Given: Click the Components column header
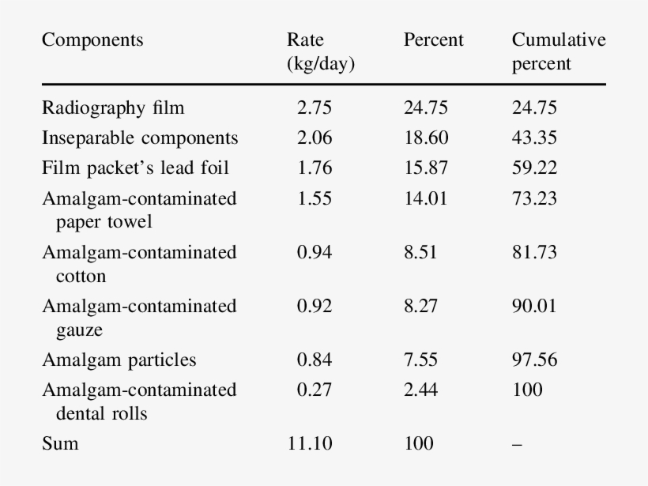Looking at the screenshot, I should (x=92, y=40).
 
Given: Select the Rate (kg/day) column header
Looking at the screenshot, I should (x=320, y=52).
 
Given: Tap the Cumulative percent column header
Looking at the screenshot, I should (x=558, y=52).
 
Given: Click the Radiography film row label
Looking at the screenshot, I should (x=113, y=108).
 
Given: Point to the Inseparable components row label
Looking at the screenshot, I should (x=140, y=138).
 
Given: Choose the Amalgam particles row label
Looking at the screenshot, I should (x=119, y=360).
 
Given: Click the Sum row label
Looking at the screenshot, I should (x=60, y=443).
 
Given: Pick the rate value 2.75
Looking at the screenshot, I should (x=315, y=108).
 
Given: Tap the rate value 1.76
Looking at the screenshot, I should (x=315, y=168).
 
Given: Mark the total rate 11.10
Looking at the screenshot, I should (x=310, y=443).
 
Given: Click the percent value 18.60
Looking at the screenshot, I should (x=426, y=138).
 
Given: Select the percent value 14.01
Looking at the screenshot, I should (x=425, y=198).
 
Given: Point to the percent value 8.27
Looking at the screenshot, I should (x=420, y=306).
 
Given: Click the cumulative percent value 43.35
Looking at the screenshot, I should (x=534, y=138).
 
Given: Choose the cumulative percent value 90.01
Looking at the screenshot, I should (x=534, y=306).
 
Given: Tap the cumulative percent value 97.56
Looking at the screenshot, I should (x=534, y=360).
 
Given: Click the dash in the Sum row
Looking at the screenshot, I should (x=517, y=444).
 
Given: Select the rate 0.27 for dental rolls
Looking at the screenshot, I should (x=315, y=390).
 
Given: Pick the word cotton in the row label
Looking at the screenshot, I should (x=81, y=277).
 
